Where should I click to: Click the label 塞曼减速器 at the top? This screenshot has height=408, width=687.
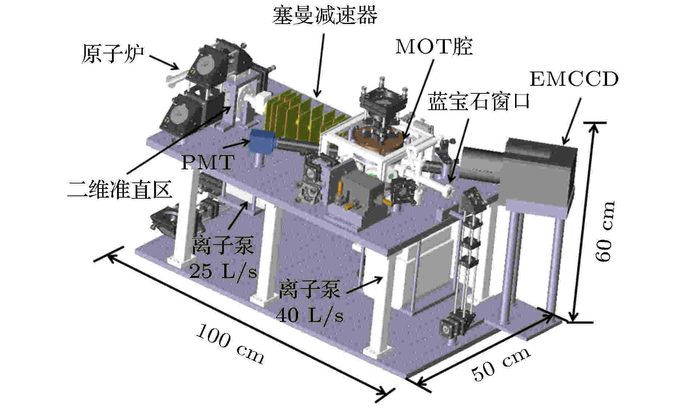325,15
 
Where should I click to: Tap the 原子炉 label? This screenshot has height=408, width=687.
113,53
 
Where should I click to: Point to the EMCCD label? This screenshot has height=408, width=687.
574,79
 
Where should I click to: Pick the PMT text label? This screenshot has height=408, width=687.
207,162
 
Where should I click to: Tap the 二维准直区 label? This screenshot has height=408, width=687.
120,189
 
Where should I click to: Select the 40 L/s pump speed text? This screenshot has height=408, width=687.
309,315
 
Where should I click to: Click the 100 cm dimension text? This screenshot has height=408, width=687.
230,344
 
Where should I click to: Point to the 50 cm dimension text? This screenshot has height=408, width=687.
502,363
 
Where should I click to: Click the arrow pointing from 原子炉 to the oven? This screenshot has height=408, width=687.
164,62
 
